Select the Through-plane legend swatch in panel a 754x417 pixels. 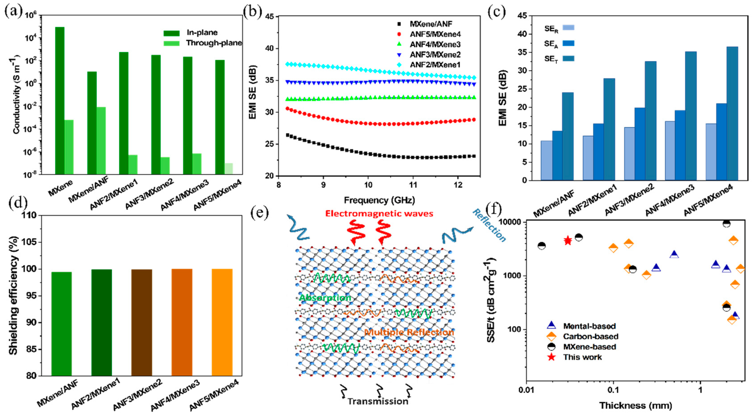(171, 43)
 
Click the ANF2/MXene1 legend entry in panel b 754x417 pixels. (435, 65)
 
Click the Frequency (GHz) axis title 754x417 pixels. (379, 200)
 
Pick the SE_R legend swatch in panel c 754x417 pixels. (568, 28)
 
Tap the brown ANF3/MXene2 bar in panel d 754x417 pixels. (142, 322)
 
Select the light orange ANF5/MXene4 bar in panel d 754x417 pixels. (222, 322)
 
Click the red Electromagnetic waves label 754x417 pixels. (379, 214)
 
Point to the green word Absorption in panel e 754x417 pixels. (325, 298)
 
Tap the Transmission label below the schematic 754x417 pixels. (378, 401)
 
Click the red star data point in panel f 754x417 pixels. (567, 241)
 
